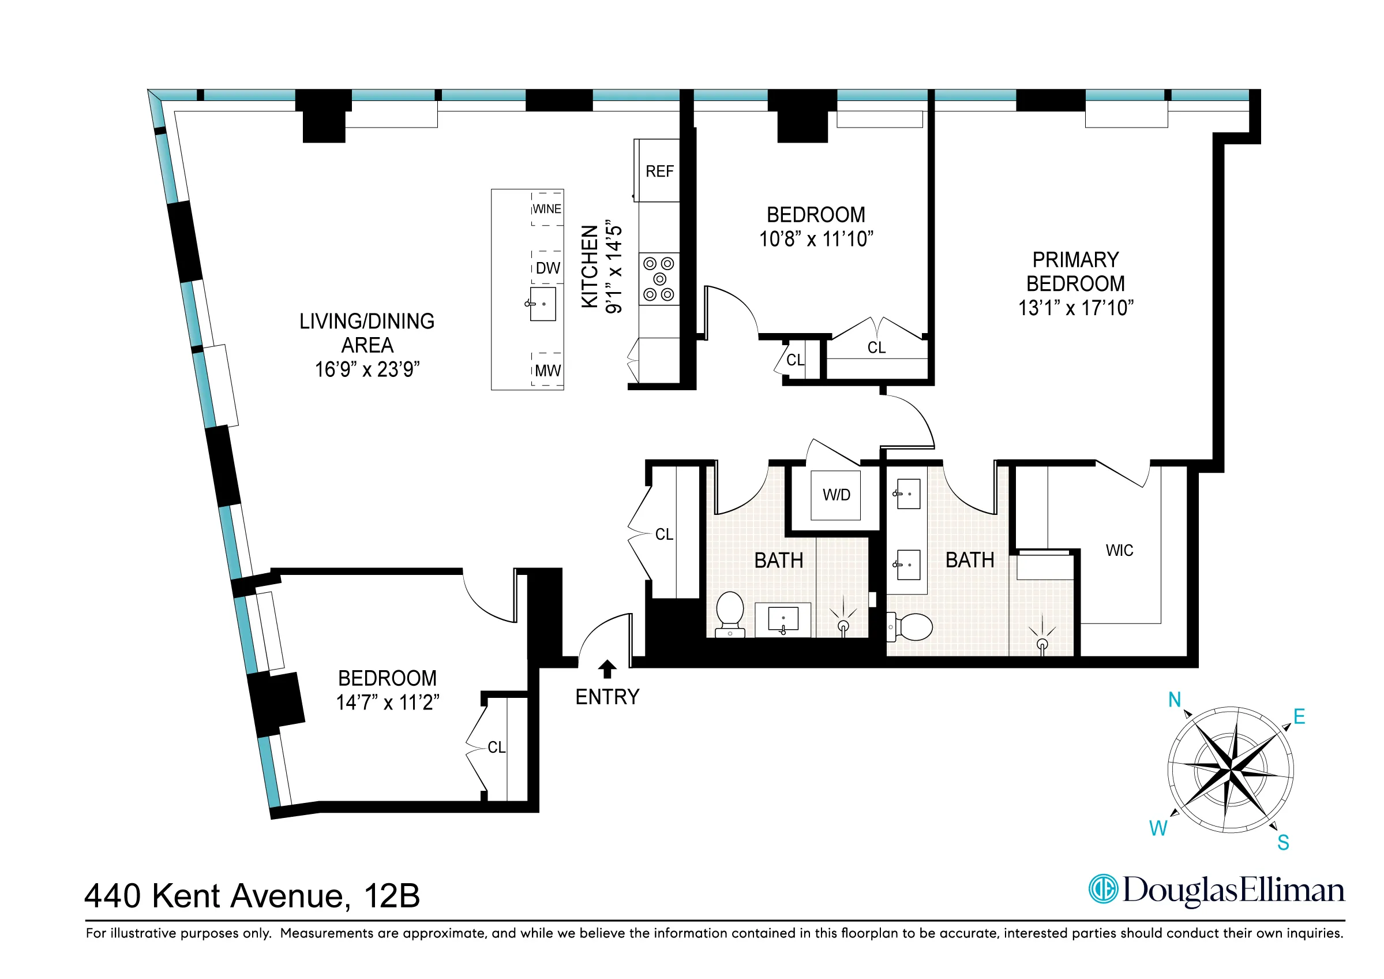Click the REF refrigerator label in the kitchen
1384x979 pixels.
(x=659, y=172)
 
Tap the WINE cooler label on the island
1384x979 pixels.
(x=547, y=210)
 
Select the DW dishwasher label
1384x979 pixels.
(x=548, y=268)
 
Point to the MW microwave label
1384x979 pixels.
(x=548, y=371)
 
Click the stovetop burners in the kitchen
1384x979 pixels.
(x=659, y=279)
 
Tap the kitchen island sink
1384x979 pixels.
(x=542, y=304)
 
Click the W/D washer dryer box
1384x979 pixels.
(x=836, y=495)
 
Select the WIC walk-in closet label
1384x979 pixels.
(x=1119, y=551)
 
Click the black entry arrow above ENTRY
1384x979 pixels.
(x=607, y=669)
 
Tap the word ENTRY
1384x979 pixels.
(x=607, y=697)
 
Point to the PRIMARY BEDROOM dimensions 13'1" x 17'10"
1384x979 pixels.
(x=1076, y=308)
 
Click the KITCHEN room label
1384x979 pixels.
(x=590, y=267)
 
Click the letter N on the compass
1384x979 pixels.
(x=1175, y=700)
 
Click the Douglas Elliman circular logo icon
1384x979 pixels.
(x=1103, y=889)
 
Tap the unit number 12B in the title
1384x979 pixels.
(x=392, y=896)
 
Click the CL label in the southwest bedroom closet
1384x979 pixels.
(x=496, y=748)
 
